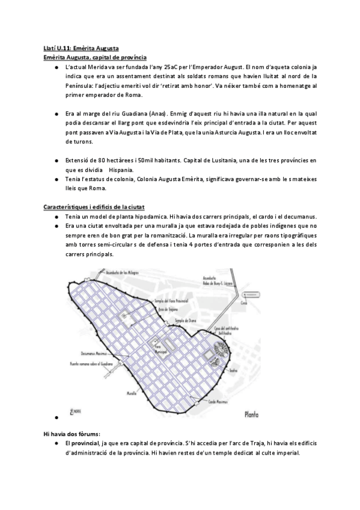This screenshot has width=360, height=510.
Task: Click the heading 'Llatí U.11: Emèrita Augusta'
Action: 81,48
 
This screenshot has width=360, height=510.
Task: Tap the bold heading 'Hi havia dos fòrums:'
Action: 72,432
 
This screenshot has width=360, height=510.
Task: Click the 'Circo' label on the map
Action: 243,304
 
